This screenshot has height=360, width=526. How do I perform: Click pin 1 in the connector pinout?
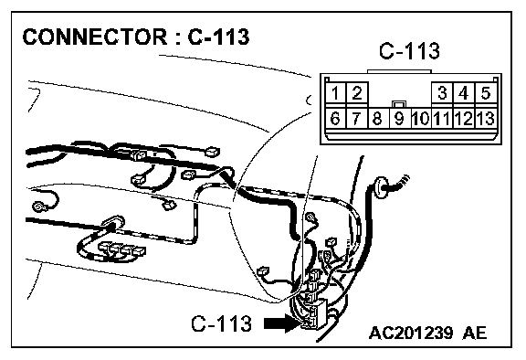tap(335, 92)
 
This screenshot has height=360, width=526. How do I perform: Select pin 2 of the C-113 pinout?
tap(357, 92)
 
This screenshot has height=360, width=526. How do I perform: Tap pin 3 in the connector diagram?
tap(443, 92)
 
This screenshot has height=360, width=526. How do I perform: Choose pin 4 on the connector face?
tap(464, 92)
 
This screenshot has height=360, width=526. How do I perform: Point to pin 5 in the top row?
tap(486, 92)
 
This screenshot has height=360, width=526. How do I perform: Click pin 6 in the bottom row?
tap(335, 118)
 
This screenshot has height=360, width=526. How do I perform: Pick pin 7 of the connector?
tap(357, 118)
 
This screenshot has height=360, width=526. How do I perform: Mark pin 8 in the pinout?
tap(378, 118)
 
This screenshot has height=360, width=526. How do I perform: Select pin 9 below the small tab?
tap(399, 118)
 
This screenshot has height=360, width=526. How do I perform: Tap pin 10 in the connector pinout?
tap(421, 118)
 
